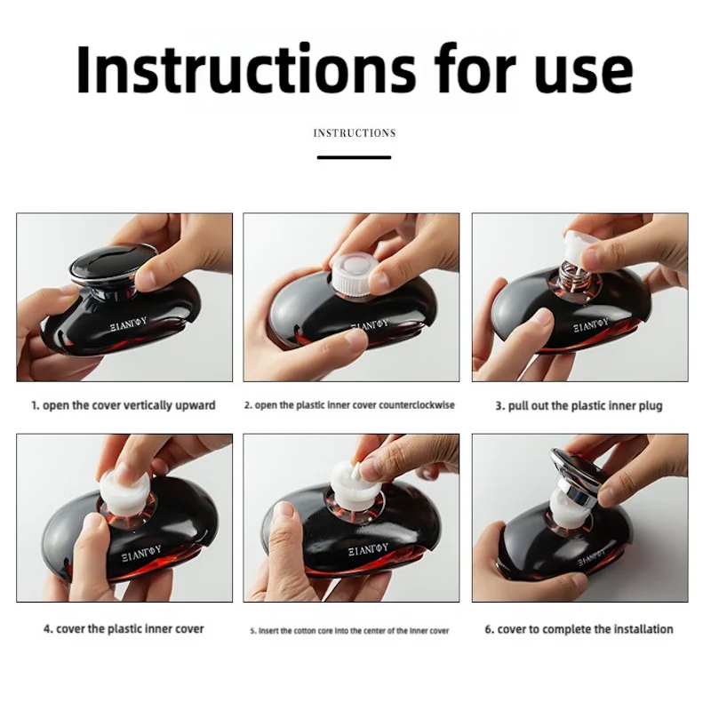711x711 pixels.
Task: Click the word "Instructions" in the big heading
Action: (246, 69)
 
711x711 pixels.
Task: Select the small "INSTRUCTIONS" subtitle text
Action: (355, 132)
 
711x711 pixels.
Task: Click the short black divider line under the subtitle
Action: (354, 157)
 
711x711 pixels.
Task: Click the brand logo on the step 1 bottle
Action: (129, 324)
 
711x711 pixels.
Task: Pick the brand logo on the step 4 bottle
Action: (142, 553)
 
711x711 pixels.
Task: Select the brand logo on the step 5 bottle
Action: (368, 549)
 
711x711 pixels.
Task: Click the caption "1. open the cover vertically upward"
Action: (124, 405)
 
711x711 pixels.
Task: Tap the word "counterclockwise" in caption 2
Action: (416, 405)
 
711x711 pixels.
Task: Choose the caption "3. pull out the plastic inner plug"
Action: (579, 406)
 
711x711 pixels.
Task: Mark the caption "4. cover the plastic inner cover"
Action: (124, 629)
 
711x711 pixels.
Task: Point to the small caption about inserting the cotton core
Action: (349, 631)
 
